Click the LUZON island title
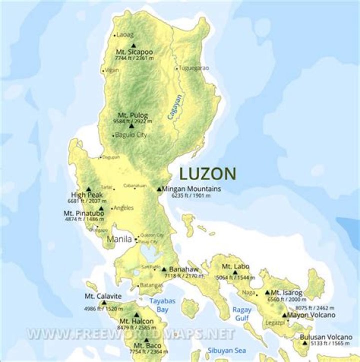(x=207, y=174)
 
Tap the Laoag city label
(x=125, y=35)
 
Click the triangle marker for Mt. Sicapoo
(x=133, y=46)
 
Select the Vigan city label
(x=112, y=71)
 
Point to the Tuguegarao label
(x=194, y=68)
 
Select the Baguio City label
(x=131, y=135)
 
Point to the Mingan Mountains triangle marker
(x=159, y=189)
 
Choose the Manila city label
(x=119, y=239)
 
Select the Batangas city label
(x=152, y=285)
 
